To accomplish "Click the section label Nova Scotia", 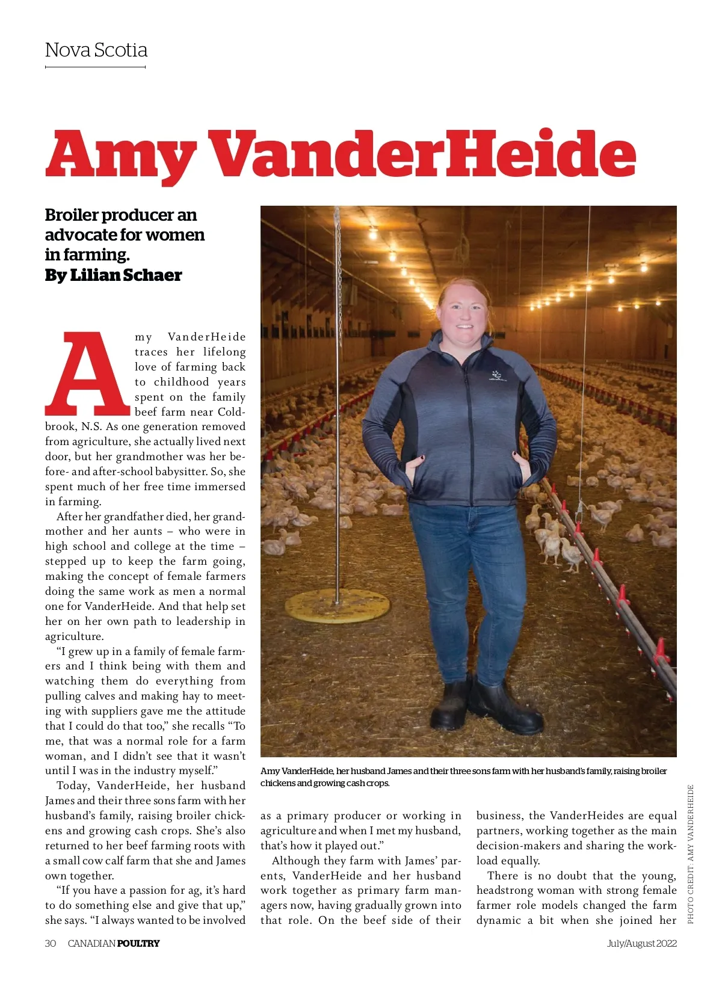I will coord(96,50).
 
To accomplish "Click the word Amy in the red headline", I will coord(120,154).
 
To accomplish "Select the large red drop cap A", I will coord(88,374).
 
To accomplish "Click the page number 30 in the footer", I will coord(51,943).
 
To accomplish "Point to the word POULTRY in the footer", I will coord(138,943).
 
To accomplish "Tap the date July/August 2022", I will coord(641,943).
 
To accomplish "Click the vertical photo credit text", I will coord(690,854).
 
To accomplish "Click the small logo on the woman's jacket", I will coord(496,376).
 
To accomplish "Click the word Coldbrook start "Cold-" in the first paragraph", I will coord(231,412).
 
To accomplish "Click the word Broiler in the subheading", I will coord(72,215).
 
